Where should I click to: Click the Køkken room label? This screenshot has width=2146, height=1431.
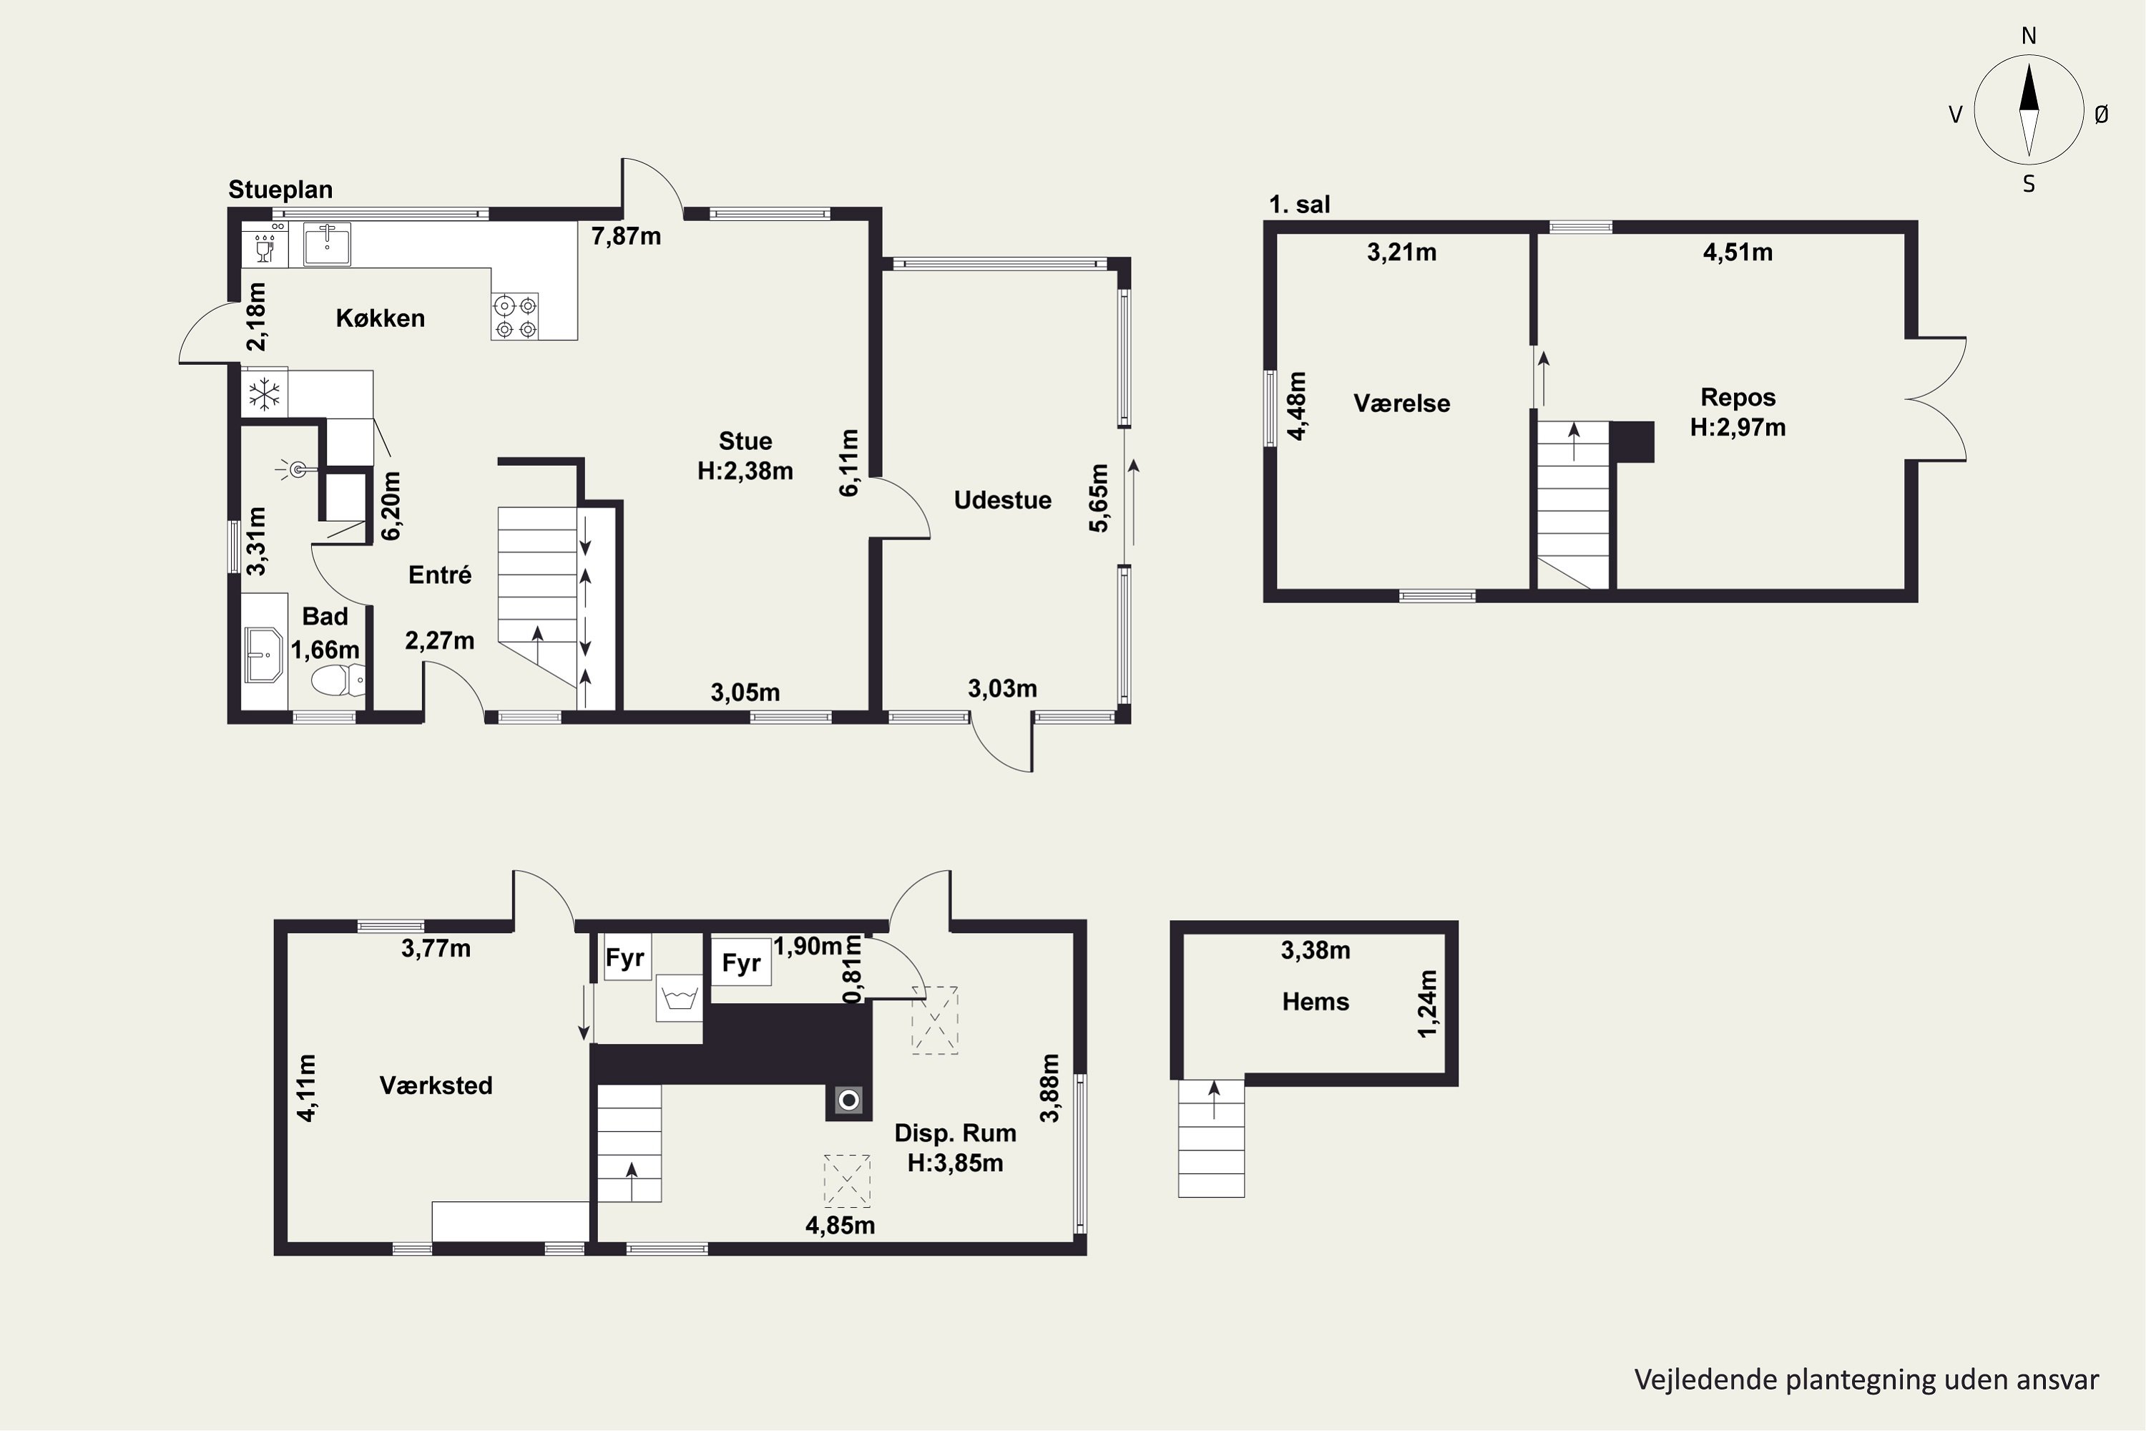pyautogui.click(x=380, y=318)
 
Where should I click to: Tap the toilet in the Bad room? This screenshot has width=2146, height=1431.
pyautogui.click(x=338, y=680)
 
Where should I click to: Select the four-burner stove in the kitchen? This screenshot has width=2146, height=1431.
pyautogui.click(x=514, y=316)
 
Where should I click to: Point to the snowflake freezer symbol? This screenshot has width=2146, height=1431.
pyautogui.click(x=265, y=395)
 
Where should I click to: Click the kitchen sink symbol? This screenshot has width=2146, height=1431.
pyautogui.click(x=327, y=244)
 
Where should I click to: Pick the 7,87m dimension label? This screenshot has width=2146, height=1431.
pyautogui.click(x=626, y=236)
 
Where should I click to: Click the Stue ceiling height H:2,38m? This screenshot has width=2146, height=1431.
pyautogui.click(x=745, y=471)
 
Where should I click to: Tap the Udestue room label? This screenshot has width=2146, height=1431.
pyautogui.click(x=1003, y=500)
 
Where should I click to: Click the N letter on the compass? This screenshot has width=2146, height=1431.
pyautogui.click(x=2029, y=36)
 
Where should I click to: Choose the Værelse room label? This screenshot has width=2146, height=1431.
pyautogui.click(x=1401, y=404)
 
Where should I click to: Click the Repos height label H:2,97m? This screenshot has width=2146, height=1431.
pyautogui.click(x=1738, y=427)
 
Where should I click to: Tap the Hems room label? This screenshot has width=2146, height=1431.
pyautogui.click(x=1315, y=1002)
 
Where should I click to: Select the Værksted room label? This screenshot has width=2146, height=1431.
pyautogui.click(x=436, y=1085)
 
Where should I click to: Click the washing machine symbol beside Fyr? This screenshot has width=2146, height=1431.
pyautogui.click(x=679, y=998)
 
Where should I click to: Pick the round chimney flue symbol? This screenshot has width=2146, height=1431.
pyautogui.click(x=848, y=1100)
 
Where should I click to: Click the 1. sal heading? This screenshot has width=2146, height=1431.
pyautogui.click(x=1299, y=205)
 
